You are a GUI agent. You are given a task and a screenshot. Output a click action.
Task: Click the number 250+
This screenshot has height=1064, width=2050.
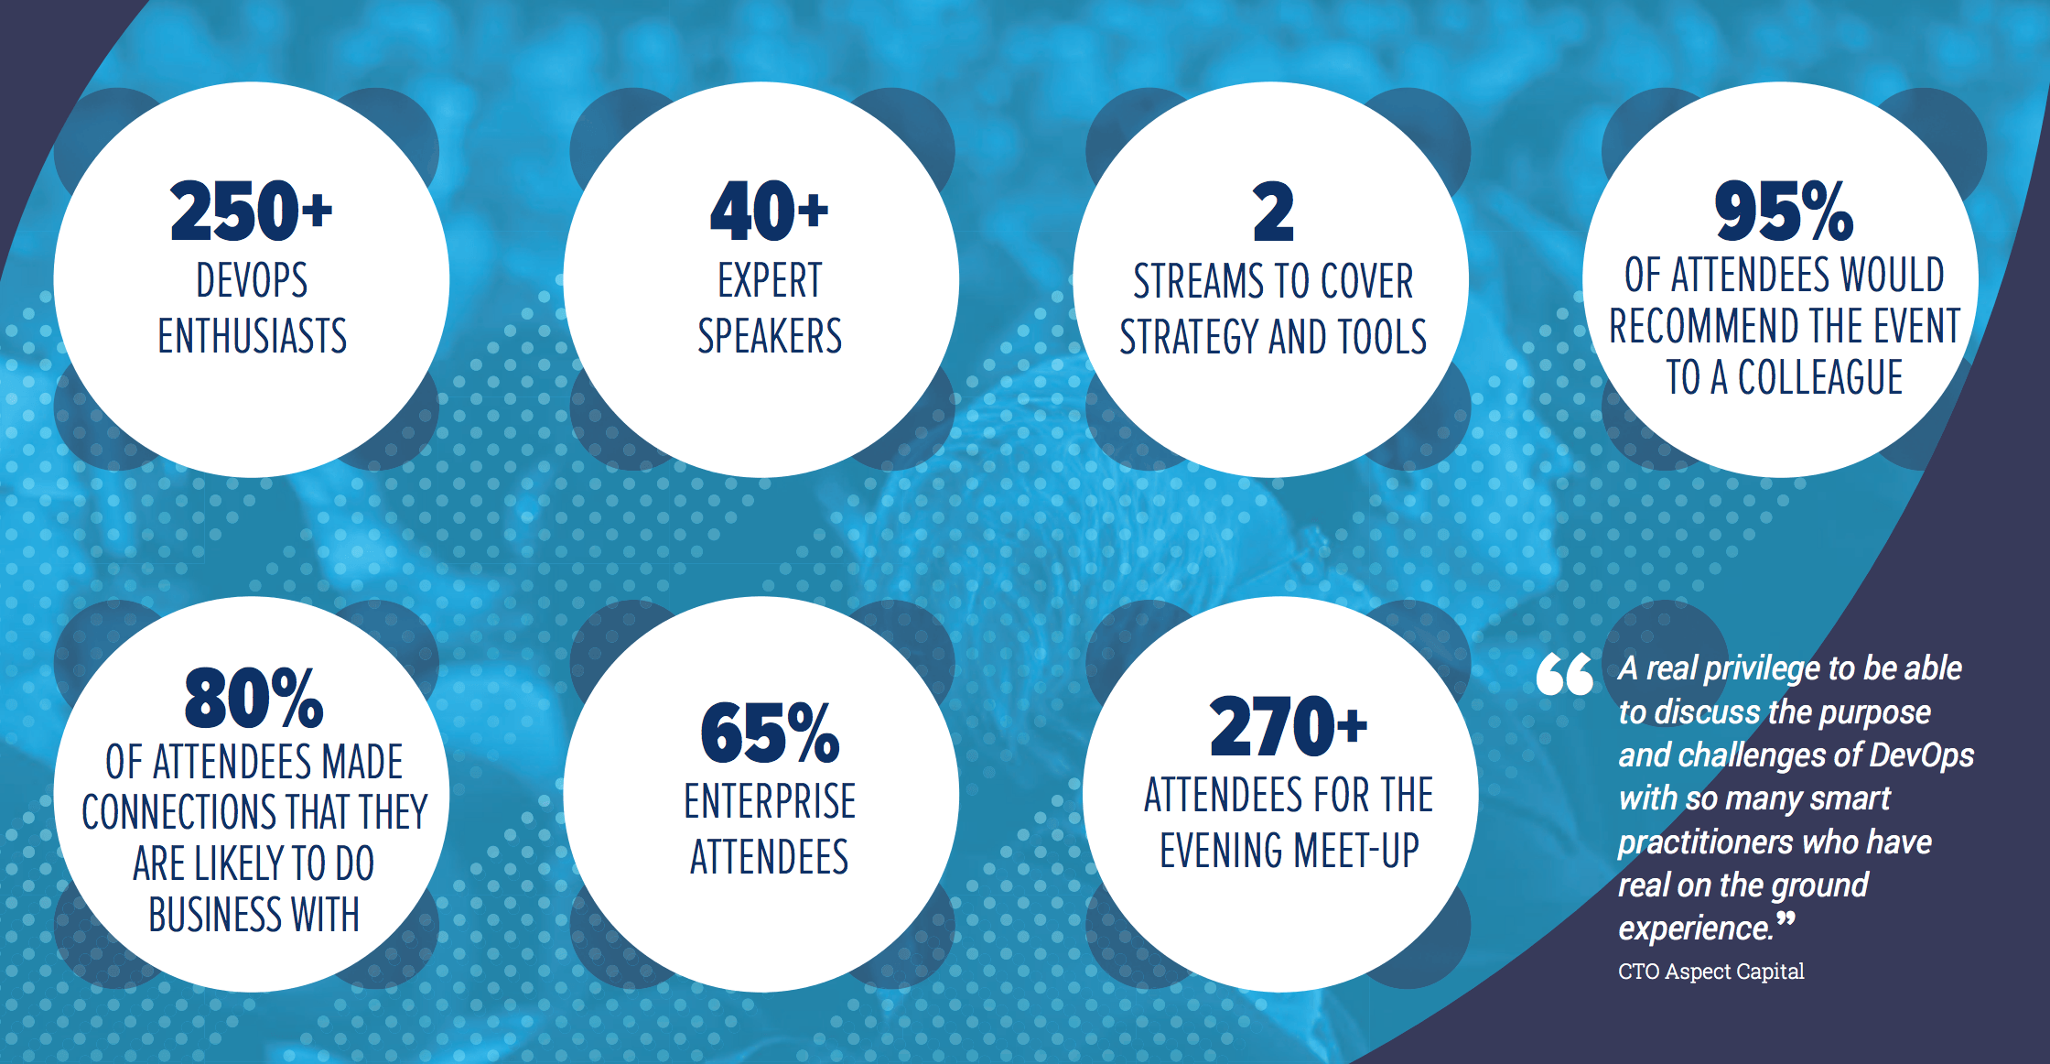point(252,211)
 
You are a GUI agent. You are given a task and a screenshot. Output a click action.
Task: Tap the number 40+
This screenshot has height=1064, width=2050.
point(770,211)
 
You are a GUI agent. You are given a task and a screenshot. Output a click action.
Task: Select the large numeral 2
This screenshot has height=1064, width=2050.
point(1273,212)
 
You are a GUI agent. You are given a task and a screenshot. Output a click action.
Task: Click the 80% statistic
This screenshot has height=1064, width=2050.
point(254,698)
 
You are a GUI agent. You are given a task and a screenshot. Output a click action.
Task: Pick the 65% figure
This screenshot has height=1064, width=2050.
point(770,733)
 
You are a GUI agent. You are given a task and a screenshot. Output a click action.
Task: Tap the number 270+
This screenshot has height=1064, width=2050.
point(1289,726)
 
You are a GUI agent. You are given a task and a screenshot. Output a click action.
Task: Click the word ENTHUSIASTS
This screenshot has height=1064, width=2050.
point(253,335)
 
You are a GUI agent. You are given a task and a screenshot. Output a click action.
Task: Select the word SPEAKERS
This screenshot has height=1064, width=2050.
point(770,335)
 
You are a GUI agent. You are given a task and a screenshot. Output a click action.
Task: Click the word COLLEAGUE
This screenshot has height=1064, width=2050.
point(1820,377)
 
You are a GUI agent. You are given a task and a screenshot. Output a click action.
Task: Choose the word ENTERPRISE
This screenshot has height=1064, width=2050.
point(770,801)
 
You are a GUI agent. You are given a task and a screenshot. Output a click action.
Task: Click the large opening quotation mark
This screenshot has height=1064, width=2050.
point(1565,674)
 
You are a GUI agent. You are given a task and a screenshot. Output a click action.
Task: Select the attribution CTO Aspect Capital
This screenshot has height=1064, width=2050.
point(1710,971)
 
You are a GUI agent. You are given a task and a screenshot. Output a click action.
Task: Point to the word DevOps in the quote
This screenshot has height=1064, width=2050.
point(1921,755)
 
